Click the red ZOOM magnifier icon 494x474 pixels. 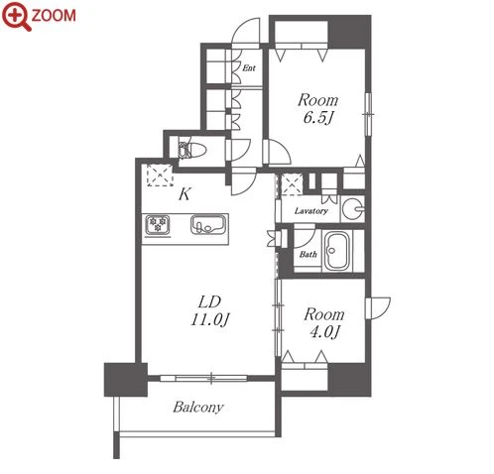16,16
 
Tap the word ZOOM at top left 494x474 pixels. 54,16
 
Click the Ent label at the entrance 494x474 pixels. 249,68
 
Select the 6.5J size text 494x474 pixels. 317,118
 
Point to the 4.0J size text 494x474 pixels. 324,332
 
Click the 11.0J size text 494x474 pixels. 209,319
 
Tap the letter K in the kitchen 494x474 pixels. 185,194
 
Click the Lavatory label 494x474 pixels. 310,211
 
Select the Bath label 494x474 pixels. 309,254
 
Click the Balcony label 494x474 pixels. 198,408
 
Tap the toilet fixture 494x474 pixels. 191,151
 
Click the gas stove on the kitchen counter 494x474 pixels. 158,225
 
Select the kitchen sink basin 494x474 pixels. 208,225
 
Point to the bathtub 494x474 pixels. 336,251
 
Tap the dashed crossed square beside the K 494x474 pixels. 160,175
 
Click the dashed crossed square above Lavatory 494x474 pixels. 292,184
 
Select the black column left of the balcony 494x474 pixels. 126,380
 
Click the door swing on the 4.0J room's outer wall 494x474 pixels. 378,308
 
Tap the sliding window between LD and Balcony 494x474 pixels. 203,378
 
